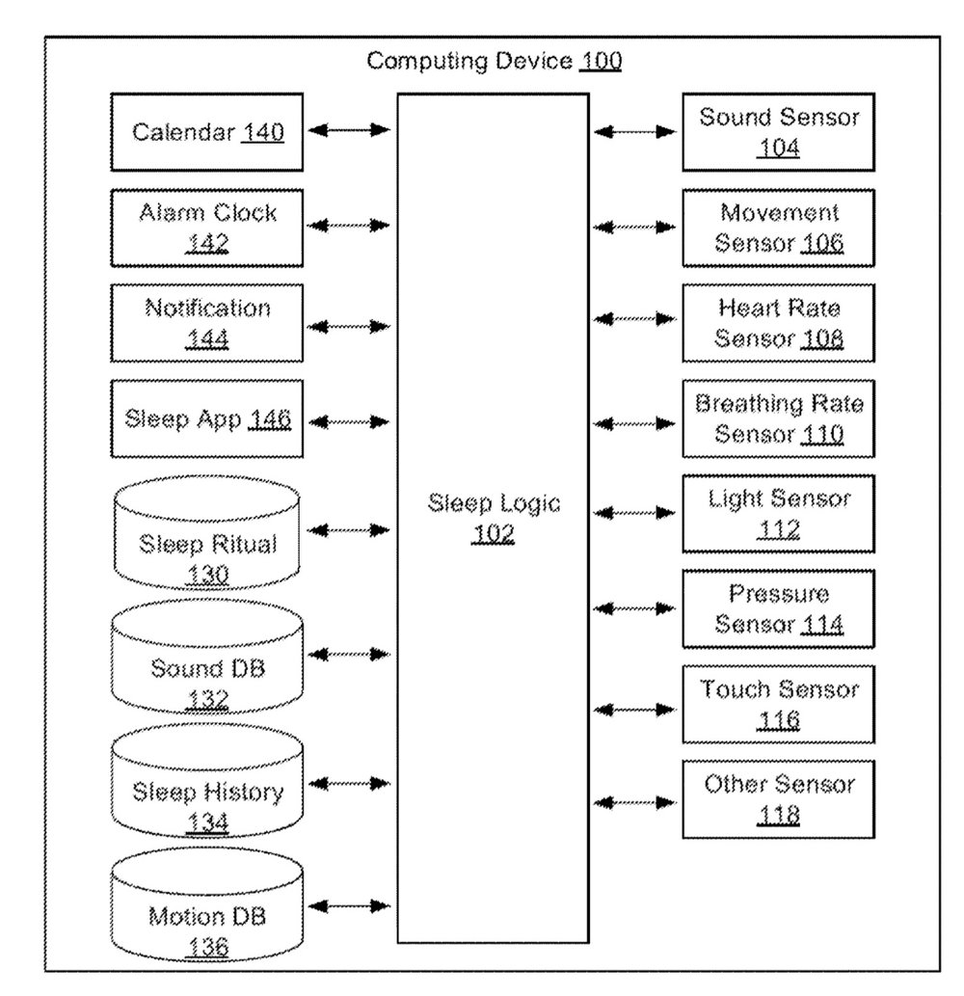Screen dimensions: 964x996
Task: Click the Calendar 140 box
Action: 207,132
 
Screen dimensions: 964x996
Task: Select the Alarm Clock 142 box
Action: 207,229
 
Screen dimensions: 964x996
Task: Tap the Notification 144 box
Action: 207,323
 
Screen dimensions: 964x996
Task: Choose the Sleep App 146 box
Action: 207,418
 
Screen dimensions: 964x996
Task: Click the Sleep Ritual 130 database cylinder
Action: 207,532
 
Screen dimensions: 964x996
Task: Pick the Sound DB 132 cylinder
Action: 207,657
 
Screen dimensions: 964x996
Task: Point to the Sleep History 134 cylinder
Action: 207,781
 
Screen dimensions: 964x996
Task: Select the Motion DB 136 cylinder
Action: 207,904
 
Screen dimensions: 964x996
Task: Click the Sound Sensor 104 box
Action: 779,132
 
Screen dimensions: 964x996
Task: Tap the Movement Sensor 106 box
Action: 779,229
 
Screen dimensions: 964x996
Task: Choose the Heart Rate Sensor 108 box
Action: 779,323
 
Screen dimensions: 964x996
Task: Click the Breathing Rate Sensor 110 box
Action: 779,418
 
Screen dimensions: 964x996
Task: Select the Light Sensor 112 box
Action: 779,514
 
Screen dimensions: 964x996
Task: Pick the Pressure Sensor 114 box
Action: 779,609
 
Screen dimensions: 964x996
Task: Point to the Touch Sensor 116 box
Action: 779,705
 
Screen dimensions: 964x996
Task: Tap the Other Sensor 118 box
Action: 779,799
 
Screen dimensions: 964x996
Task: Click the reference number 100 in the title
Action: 601,61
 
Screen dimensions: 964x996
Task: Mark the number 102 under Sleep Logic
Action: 493,534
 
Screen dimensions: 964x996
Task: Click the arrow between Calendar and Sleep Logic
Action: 349,130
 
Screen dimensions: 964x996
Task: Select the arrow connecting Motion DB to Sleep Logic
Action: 349,905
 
